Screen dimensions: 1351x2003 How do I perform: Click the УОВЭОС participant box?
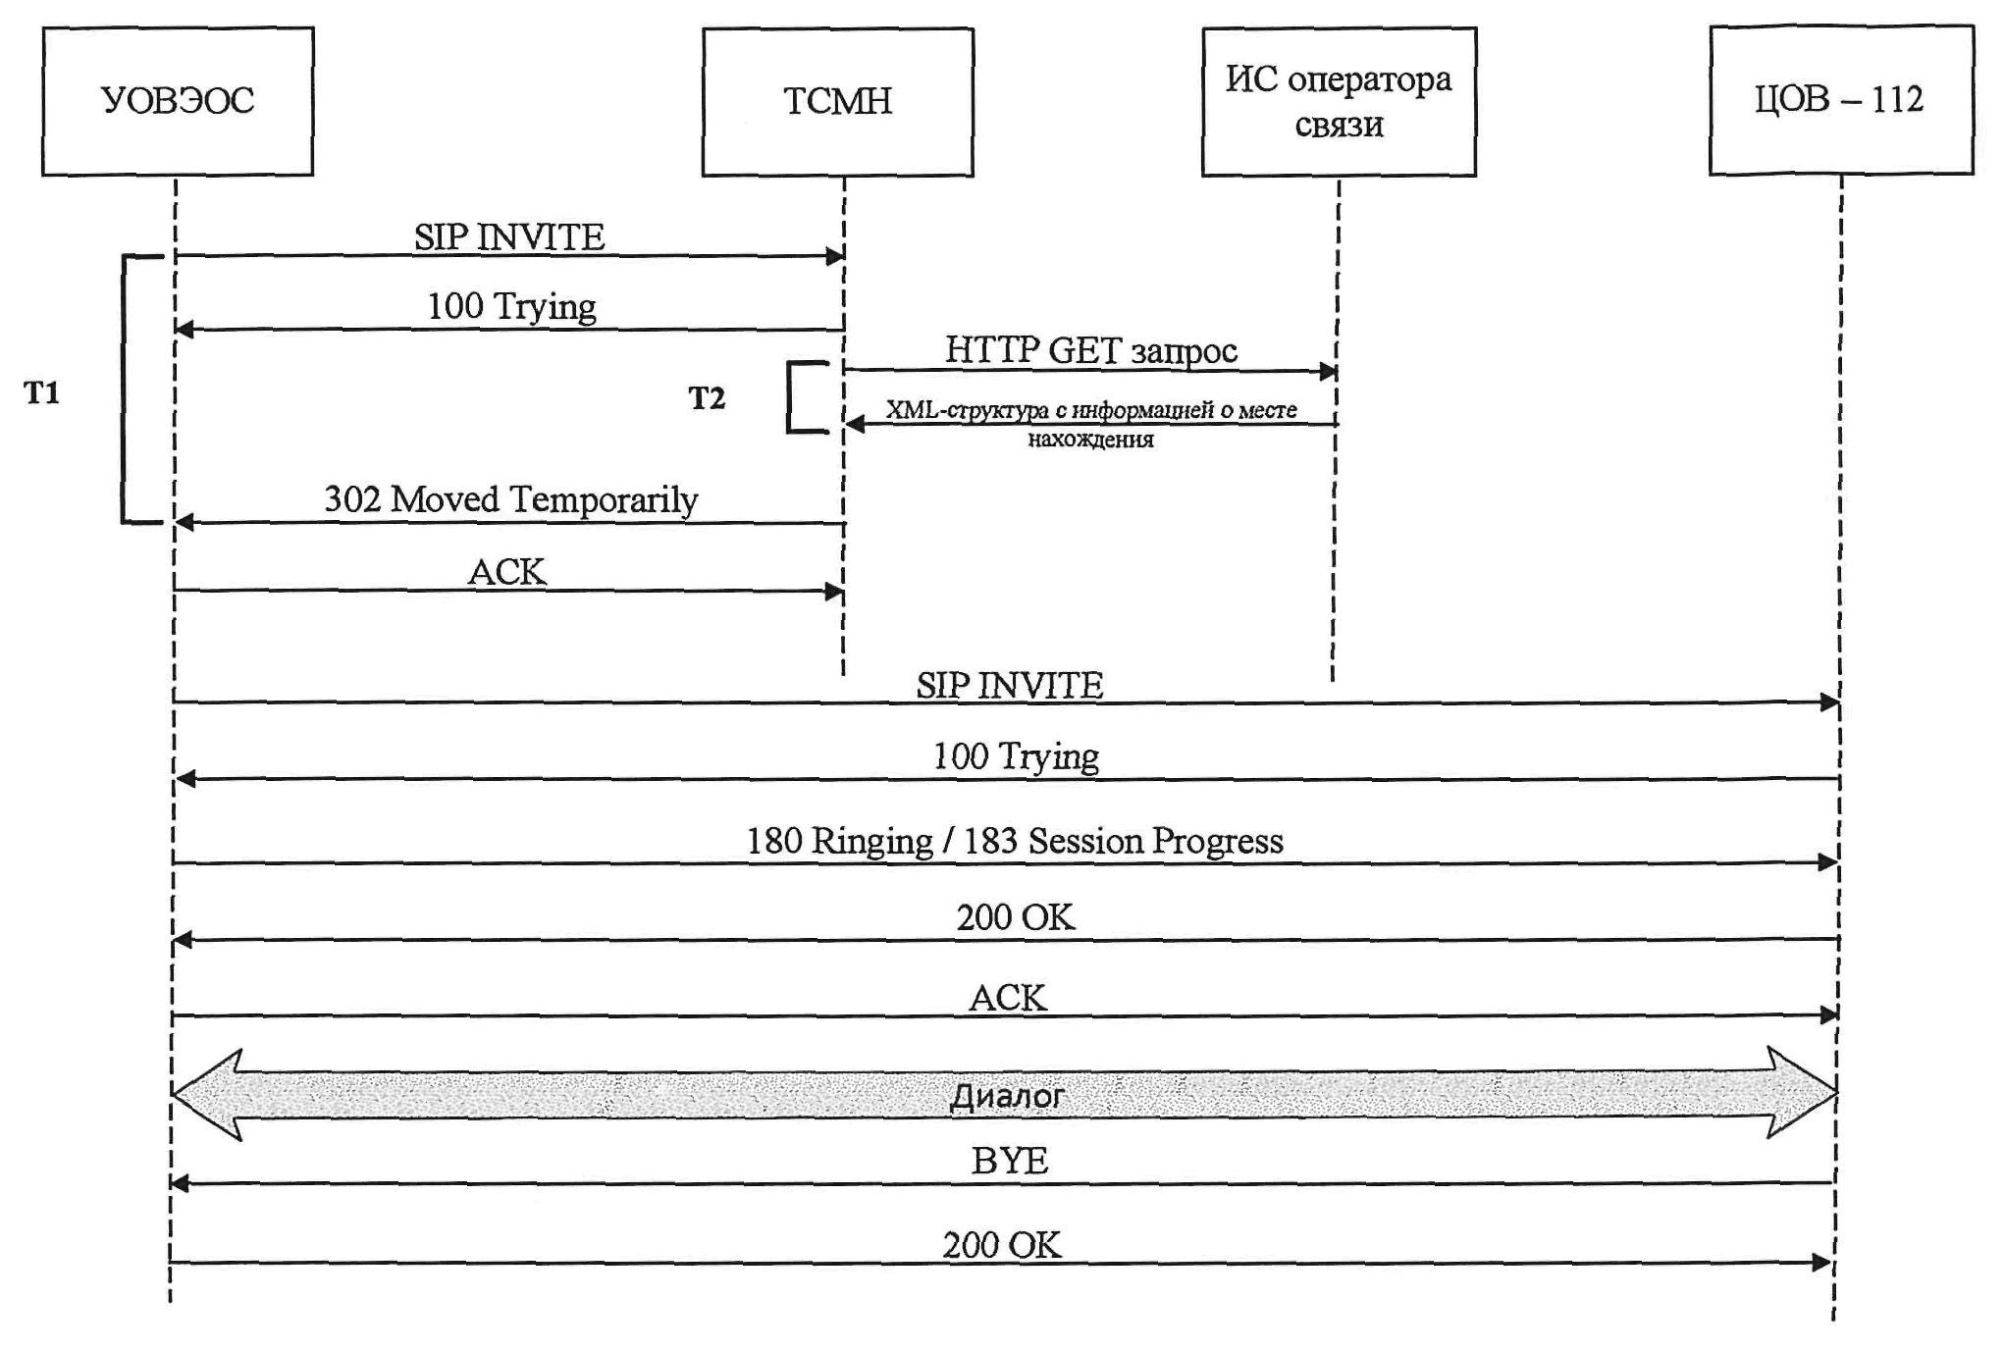point(178,101)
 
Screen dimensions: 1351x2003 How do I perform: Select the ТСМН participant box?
point(837,102)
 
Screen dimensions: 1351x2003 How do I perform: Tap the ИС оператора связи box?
point(1339,102)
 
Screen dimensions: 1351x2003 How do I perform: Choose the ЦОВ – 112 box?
point(1840,100)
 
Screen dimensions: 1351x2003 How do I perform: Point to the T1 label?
point(42,393)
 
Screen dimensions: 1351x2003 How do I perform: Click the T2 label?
point(707,398)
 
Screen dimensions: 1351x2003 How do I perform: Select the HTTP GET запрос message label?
point(1090,350)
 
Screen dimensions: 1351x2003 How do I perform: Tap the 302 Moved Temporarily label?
point(510,499)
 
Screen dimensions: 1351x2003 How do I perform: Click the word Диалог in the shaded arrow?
point(1007,1096)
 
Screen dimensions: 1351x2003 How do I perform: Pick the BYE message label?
point(1010,1161)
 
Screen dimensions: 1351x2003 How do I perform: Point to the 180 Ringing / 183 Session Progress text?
point(1015,842)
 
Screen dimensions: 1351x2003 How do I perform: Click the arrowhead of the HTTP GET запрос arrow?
point(1329,372)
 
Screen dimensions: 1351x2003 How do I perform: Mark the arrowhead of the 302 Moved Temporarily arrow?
point(184,523)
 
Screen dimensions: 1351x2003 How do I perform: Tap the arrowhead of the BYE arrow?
point(180,1184)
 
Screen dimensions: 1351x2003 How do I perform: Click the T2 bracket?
point(791,397)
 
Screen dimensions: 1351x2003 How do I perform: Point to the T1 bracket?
point(125,390)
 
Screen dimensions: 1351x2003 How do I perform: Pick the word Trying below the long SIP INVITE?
point(1049,757)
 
